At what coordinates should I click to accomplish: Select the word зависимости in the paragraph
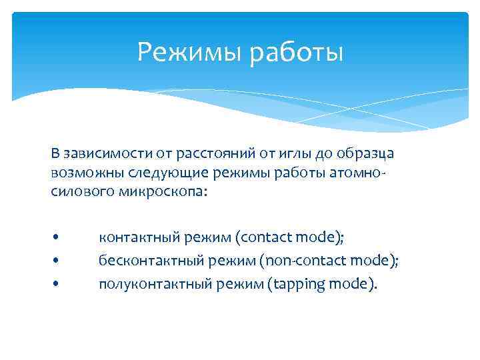(96, 154)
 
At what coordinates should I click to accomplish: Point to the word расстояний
(207, 154)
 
